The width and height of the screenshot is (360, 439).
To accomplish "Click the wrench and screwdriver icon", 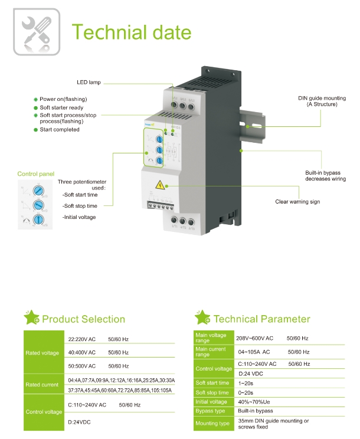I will point(36,31).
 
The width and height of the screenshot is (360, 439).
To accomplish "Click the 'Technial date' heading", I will point(131,32).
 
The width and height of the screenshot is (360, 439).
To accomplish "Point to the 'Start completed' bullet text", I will point(60,129).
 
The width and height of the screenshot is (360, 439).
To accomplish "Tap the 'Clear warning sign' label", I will point(297,202).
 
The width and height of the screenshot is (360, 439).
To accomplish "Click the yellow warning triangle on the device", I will point(159,185).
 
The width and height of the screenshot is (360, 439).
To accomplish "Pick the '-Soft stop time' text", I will point(80,205).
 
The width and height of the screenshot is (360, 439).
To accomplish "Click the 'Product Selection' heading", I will point(83,319).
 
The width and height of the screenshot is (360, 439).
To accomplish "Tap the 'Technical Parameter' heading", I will point(261,319).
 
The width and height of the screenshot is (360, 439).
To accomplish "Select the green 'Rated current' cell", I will point(42,385).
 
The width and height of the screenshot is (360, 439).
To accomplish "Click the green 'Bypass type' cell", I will point(211,411).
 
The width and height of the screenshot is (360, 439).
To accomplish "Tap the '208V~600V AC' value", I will point(255,338).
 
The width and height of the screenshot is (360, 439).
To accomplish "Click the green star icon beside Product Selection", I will point(31,317).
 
